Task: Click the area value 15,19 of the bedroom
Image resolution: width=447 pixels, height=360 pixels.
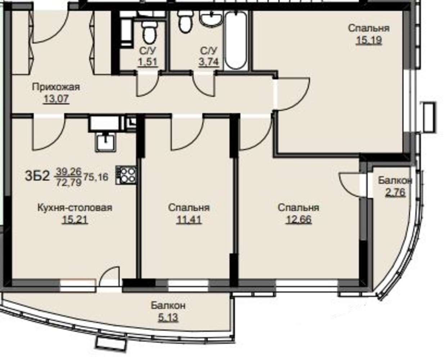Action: tap(369, 40)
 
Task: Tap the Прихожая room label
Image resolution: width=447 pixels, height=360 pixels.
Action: tap(56, 87)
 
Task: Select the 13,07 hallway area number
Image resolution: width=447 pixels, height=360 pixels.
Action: tap(56, 99)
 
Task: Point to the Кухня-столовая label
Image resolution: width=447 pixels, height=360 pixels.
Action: tap(75, 208)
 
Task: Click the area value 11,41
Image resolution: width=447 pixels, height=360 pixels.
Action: tap(189, 219)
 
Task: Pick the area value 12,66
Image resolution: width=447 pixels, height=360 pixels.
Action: tap(299, 219)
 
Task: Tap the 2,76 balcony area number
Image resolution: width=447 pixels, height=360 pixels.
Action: tap(395, 192)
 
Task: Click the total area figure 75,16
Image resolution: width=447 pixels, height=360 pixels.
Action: tap(96, 177)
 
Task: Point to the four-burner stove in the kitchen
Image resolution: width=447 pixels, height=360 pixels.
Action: tap(126, 175)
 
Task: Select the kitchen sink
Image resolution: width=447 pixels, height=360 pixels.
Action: tap(106, 142)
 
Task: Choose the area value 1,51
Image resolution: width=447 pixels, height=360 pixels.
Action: tap(148, 62)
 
